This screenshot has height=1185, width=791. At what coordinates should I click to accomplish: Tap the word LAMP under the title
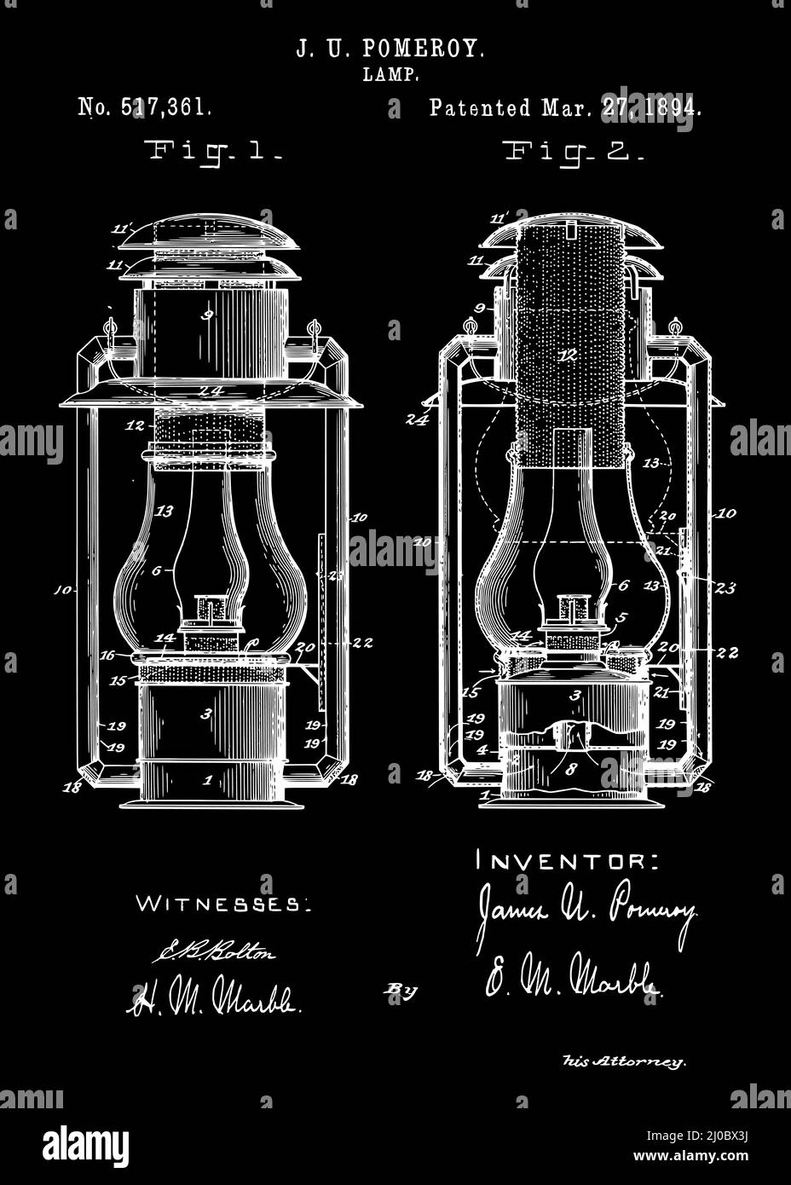[391, 76]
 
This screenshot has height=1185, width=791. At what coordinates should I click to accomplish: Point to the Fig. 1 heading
[215, 153]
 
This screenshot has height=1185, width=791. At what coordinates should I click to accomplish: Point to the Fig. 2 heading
[574, 153]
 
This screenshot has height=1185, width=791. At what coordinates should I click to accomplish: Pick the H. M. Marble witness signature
[214, 998]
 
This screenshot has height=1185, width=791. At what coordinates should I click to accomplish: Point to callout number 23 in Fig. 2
[726, 587]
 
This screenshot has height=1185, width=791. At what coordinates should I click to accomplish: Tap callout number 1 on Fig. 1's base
[207, 779]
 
